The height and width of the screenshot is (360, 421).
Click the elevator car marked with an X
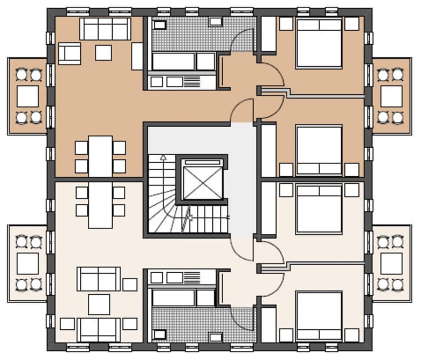coord(202,180)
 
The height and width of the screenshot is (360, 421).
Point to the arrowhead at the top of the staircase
coord(163,156)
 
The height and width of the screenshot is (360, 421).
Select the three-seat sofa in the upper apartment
coord(105,29)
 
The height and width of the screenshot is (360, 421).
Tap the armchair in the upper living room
coord(69,53)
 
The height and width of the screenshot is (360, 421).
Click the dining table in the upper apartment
coord(100,156)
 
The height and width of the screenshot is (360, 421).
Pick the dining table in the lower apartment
coord(100,205)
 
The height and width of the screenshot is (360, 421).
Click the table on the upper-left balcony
coord(28,96)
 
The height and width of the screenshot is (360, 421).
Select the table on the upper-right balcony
coord(391,96)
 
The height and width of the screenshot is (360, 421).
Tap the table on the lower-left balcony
coord(28,264)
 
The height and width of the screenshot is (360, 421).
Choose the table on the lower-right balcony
coord(391,264)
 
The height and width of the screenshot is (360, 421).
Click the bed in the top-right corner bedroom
coord(319,43)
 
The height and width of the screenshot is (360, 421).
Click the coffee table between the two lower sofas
coord(99,304)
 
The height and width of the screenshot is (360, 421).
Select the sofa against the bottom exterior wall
coord(99,329)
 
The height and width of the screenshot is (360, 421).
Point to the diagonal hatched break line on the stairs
coord(187,217)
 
